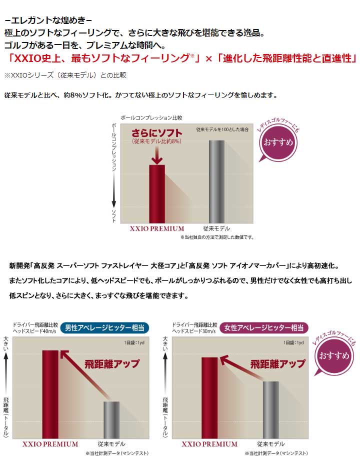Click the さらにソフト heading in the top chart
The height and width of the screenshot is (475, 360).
(156, 133)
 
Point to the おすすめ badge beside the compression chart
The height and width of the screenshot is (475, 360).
(277, 141)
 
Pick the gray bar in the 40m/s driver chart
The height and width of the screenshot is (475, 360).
(111, 419)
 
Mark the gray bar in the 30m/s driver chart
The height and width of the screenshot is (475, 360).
(270, 409)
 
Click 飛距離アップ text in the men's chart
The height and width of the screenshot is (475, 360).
(112, 363)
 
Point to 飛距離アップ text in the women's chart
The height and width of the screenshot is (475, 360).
(277, 363)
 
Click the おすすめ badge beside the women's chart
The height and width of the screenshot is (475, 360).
(332, 355)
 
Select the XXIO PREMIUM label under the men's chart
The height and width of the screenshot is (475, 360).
(50, 443)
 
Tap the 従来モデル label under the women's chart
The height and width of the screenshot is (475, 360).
(270, 443)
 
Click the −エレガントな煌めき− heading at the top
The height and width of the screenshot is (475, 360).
(48, 21)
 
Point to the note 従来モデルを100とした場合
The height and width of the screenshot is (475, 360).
(222, 129)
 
